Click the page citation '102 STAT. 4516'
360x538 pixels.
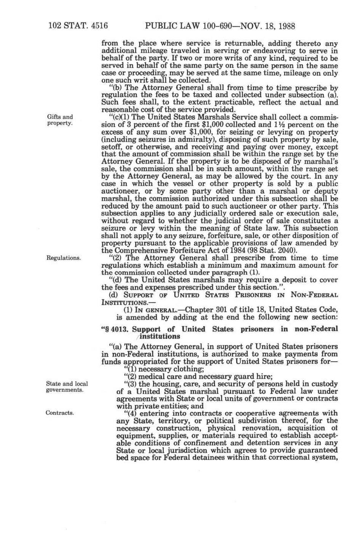coord(78,26)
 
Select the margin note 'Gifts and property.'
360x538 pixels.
coord(60,120)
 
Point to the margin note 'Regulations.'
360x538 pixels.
coord(63,258)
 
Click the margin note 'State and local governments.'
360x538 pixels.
coord(67,387)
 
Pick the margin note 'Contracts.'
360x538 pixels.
coord(59,413)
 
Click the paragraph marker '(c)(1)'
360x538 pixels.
coord(119,117)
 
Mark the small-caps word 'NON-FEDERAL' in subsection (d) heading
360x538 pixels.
coord(314,295)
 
